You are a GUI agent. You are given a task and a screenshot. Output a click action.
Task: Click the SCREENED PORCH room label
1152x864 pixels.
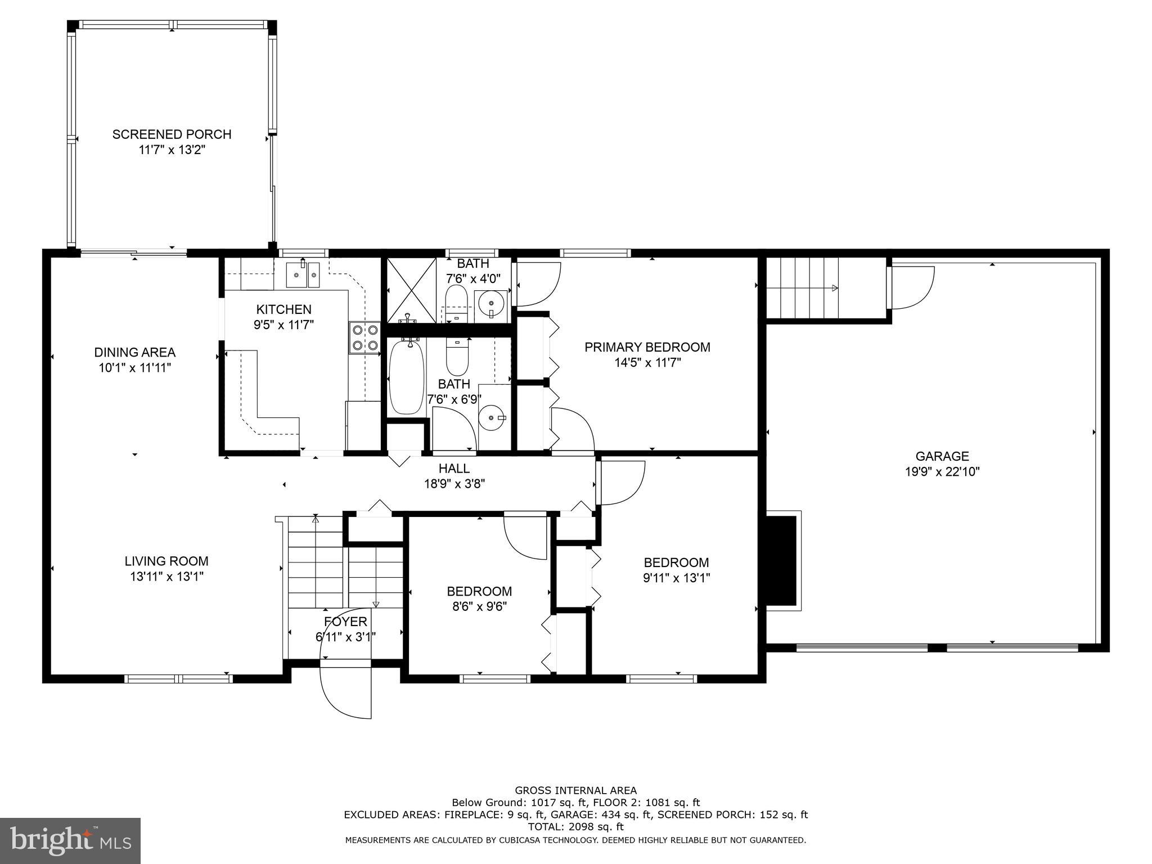172,134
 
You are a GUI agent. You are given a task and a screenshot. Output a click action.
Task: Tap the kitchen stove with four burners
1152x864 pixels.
364,337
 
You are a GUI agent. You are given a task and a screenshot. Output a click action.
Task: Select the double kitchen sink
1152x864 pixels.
303,275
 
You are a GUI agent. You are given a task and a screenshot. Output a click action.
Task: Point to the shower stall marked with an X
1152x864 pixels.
412,290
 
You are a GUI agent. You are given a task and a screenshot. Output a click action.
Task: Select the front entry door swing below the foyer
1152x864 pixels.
345,691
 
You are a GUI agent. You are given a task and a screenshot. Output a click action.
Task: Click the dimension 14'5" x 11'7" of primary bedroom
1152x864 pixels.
647,363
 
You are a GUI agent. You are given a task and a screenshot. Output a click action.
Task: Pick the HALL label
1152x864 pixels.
454,468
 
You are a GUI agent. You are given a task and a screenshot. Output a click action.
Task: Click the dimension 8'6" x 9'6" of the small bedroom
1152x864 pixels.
479,607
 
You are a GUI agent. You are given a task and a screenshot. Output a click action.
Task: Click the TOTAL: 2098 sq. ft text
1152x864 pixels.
575,827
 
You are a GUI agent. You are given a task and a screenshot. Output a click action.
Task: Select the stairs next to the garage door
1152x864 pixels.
802,288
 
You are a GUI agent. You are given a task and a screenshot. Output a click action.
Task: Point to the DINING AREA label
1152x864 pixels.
134,353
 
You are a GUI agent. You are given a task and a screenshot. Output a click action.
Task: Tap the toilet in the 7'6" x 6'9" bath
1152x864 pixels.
457,358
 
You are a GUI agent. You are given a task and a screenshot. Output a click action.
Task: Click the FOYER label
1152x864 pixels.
345,622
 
